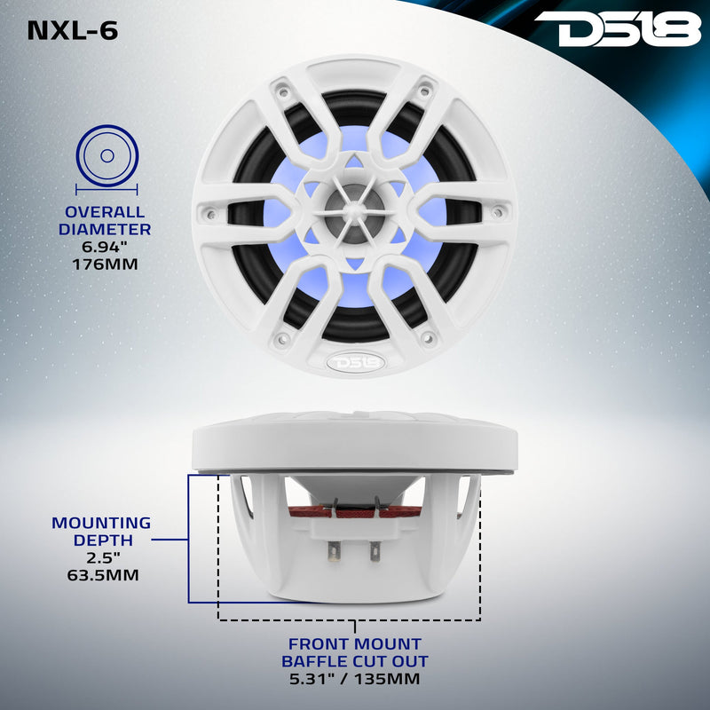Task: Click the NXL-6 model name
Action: click(73, 30)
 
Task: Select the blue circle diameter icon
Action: click(106, 156)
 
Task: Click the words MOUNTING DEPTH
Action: click(100, 531)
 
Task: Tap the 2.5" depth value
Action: click(100, 557)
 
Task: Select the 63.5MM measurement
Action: click(100, 575)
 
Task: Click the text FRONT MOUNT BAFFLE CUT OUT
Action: click(355, 652)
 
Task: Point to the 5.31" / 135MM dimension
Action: click(355, 680)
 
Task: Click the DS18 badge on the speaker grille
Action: click(355, 362)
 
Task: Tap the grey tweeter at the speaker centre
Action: click(355, 211)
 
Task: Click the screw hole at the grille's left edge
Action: click(211, 212)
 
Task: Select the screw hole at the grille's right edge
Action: click(499, 212)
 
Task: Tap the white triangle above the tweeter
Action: click(355, 162)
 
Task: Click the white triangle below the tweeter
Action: click(355, 264)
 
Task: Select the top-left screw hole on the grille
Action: click(282, 89)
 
